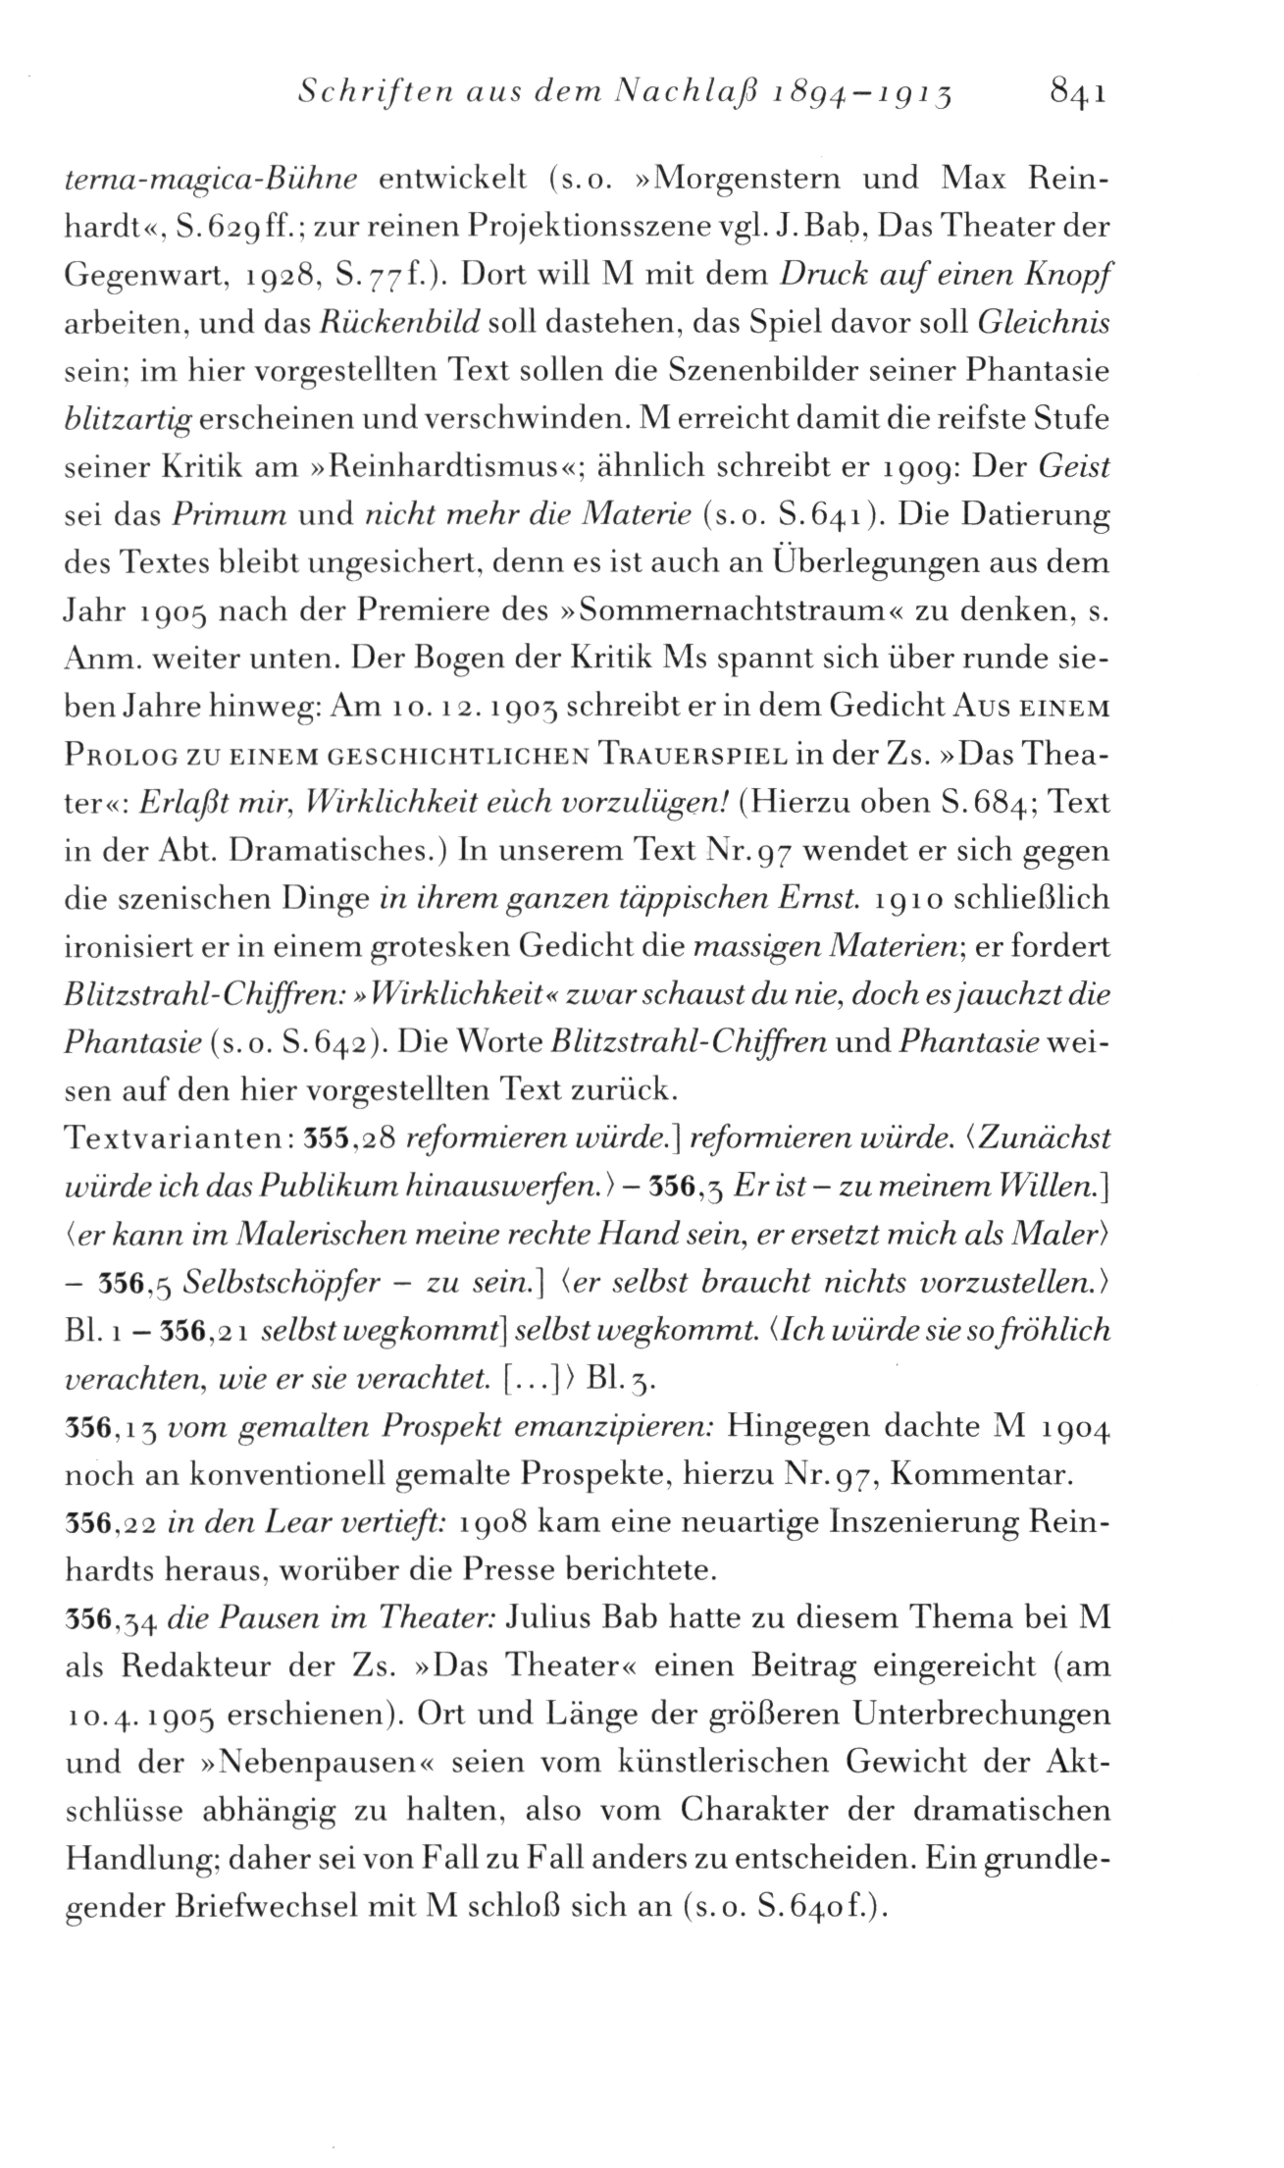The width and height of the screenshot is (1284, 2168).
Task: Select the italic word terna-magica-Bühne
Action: pos(208,180)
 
